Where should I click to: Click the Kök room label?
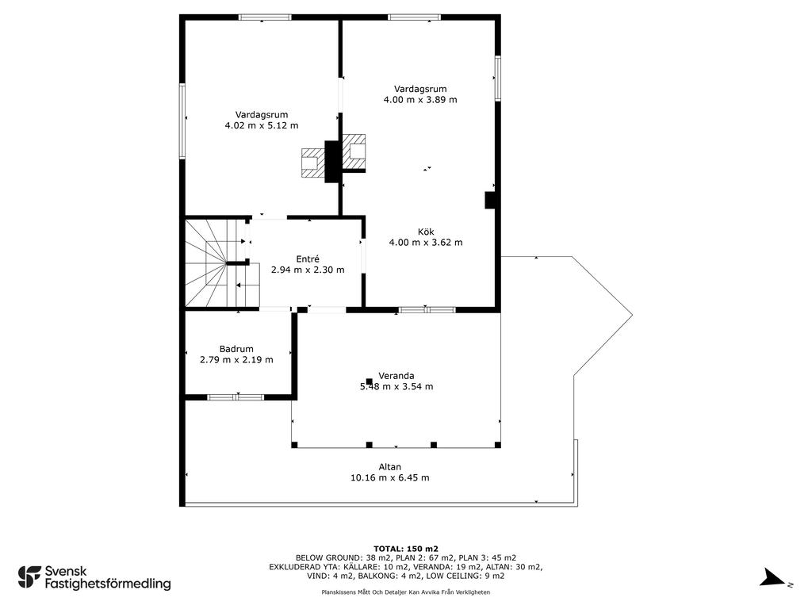pyautogui.click(x=426, y=232)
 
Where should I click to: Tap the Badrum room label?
pyautogui.click(x=236, y=349)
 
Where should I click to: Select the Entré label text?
pyautogui.click(x=308, y=259)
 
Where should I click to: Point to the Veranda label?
pyautogui.click(x=396, y=376)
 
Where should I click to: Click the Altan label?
pyautogui.click(x=390, y=467)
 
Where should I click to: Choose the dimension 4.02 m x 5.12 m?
pyautogui.click(x=262, y=125)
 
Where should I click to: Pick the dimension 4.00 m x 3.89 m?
pyautogui.click(x=420, y=99)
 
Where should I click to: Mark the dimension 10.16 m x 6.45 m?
pyautogui.click(x=390, y=477)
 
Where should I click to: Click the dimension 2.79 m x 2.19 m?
pyautogui.click(x=236, y=359)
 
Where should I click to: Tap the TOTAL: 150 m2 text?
pyautogui.click(x=406, y=549)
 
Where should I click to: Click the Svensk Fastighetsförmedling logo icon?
pyautogui.click(x=29, y=577)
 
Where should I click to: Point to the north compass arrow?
pyautogui.click(x=773, y=577)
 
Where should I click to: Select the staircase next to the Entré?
pyautogui.click(x=222, y=262)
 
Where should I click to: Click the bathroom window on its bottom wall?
pyautogui.click(x=236, y=397)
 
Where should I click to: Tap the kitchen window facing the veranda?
pyautogui.click(x=427, y=310)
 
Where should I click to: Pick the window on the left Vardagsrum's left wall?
pyautogui.click(x=182, y=121)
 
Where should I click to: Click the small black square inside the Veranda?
pyautogui.click(x=370, y=381)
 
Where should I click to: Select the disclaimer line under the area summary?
pyautogui.click(x=405, y=592)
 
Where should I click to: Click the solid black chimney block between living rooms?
pyautogui.click(x=332, y=161)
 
